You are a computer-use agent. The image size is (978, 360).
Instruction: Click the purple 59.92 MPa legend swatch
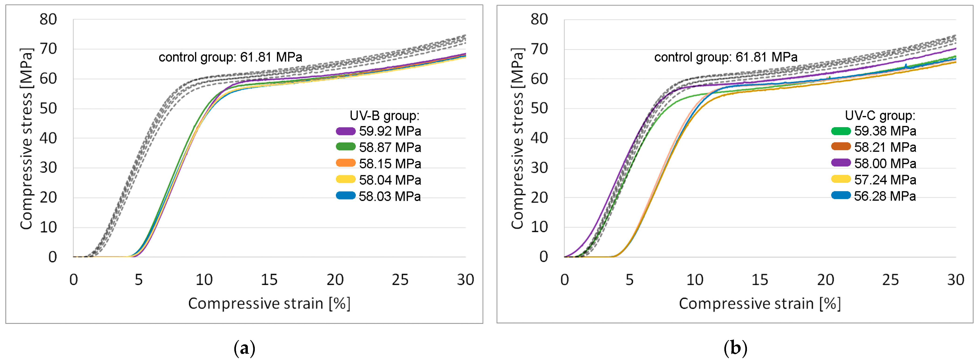[x=346, y=131]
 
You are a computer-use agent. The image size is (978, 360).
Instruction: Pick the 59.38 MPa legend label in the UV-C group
[x=885, y=131]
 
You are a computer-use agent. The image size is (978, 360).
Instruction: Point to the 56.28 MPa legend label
[x=885, y=196]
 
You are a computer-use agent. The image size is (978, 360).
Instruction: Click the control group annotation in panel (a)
[x=230, y=57]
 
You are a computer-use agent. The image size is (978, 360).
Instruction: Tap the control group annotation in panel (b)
[x=726, y=57]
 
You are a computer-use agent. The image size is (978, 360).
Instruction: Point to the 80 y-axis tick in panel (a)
[x=48, y=19]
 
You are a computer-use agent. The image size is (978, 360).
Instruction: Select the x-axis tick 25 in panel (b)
[x=890, y=280]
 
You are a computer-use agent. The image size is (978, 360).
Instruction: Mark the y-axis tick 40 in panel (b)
[x=539, y=138]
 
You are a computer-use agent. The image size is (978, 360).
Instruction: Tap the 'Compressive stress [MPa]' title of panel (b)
[x=518, y=139]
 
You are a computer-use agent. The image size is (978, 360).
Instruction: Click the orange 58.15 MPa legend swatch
[x=346, y=163]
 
